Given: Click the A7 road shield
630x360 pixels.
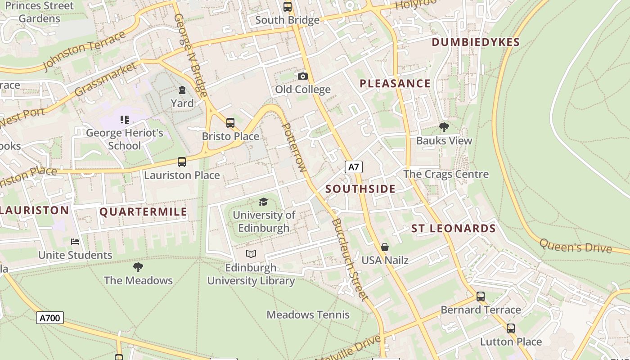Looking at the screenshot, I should click(354, 167).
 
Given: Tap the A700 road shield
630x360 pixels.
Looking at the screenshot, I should click(49, 318).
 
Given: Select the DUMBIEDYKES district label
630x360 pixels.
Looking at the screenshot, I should click(476, 42).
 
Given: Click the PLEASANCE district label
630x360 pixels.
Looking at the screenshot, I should click(395, 84).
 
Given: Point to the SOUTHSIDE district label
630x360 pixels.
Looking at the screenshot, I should click(360, 189).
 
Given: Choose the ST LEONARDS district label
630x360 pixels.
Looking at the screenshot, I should click(454, 229).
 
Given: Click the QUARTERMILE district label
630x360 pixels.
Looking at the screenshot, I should click(143, 212).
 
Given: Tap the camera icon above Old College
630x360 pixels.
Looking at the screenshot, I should click(303, 76).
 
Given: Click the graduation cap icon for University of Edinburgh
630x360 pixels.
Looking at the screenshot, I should click(264, 202).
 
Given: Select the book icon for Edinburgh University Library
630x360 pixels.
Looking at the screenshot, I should click(251, 254).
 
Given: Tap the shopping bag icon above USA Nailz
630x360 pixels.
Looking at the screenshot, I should click(385, 247).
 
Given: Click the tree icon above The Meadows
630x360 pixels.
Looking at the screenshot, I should click(138, 267).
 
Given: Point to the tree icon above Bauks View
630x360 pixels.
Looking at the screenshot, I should click(444, 127).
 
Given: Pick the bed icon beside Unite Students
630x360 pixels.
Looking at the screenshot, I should click(75, 242).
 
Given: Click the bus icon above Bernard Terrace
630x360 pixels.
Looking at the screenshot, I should click(481, 297).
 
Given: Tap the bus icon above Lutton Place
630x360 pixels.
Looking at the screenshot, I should click(511, 328).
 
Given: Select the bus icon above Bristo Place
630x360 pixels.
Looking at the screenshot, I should click(230, 122).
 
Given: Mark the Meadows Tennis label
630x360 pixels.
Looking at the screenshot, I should click(308, 315).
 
